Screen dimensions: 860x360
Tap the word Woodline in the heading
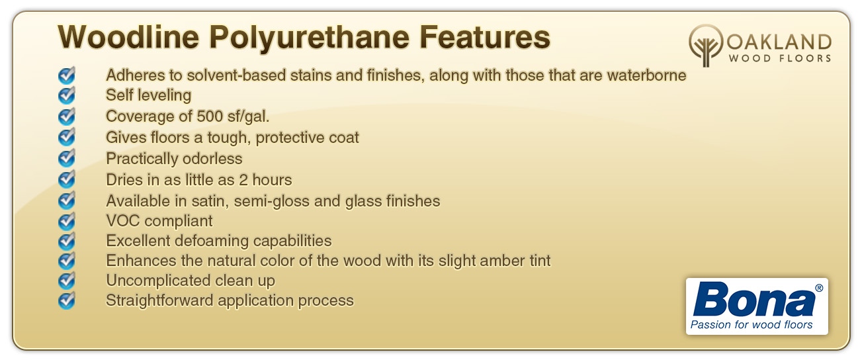point(128,37)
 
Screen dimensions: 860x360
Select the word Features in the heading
point(485,37)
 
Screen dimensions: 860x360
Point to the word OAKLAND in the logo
point(779,42)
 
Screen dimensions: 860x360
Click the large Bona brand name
point(754,299)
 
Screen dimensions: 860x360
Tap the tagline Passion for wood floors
point(752,325)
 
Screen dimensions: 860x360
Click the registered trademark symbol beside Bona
point(819,288)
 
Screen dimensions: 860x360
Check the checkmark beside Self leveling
point(67,95)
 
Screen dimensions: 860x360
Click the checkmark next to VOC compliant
point(67,221)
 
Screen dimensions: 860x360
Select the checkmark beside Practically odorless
point(67,158)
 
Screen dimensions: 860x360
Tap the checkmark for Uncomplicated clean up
point(67,281)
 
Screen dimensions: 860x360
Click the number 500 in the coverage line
point(210,116)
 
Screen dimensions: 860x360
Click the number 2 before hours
point(243,180)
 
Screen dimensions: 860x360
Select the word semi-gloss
point(271,201)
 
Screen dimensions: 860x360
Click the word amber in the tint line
point(503,261)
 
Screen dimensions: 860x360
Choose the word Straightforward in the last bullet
point(159,300)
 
